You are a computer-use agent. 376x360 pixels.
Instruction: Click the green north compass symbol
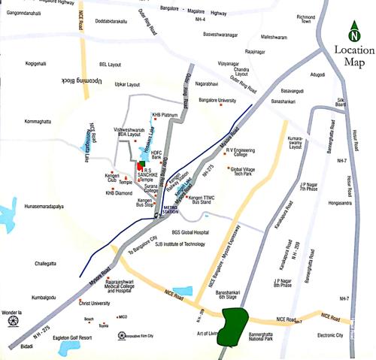pos(353,32)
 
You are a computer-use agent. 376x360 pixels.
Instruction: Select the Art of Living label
pos(208,333)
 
